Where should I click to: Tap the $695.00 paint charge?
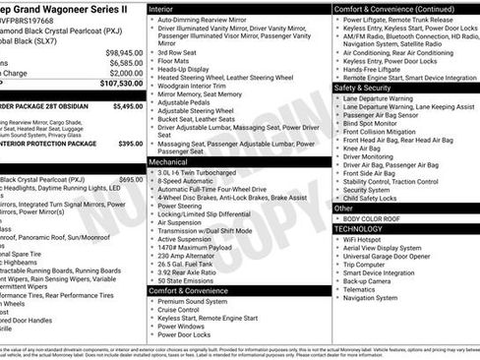point(130,179)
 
